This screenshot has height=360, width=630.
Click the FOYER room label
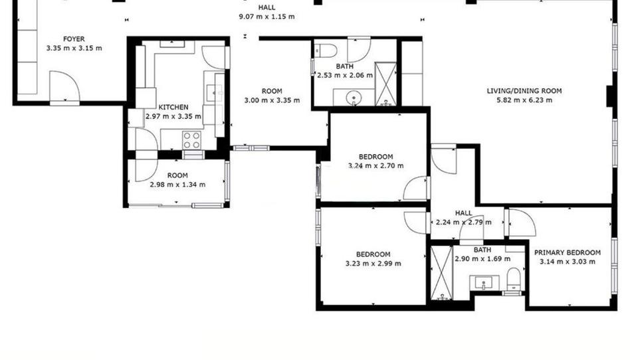tap(74, 39)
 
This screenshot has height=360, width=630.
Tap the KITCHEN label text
tap(173, 108)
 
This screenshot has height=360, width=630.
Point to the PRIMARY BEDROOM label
tap(568, 252)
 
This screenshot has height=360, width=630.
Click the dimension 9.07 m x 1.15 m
tap(266, 17)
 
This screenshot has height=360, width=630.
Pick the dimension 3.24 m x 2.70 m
tap(375, 165)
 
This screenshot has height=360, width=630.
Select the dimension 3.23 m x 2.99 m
tap(373, 264)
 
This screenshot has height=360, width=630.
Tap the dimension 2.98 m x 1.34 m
tap(177, 185)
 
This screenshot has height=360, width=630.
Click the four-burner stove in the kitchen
tap(191, 140)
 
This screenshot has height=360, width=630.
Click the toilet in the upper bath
tap(326, 50)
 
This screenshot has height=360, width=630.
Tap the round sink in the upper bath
tap(354, 97)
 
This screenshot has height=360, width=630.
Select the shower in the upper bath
tap(385, 84)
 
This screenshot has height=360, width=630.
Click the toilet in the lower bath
tap(514, 278)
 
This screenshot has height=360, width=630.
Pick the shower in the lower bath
tap(441, 273)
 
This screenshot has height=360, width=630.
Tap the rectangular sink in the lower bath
tap(484, 282)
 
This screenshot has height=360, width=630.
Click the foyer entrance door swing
tap(64, 86)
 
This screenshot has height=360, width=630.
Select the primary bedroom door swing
tap(522, 223)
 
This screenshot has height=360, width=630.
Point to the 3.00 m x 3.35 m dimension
tap(272, 100)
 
